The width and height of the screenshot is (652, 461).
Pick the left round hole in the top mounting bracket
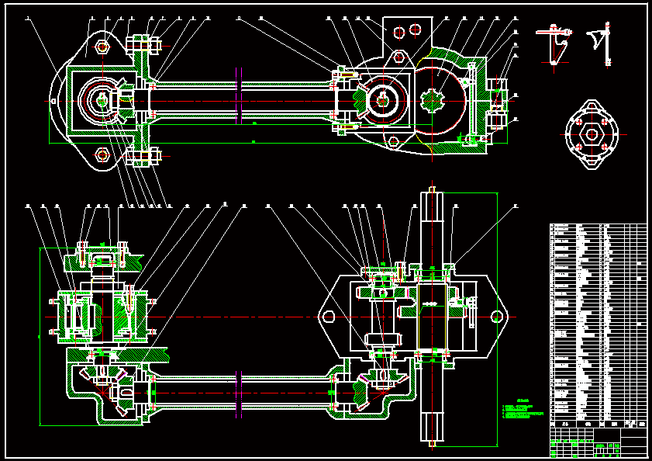coord(398,32)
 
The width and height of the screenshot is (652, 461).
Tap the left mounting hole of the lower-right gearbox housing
coord(329,317)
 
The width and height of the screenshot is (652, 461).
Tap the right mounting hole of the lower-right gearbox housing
coord(496,317)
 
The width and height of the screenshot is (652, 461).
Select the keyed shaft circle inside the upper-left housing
coord(102,100)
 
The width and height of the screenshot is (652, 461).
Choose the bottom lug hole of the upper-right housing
coord(394,141)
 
